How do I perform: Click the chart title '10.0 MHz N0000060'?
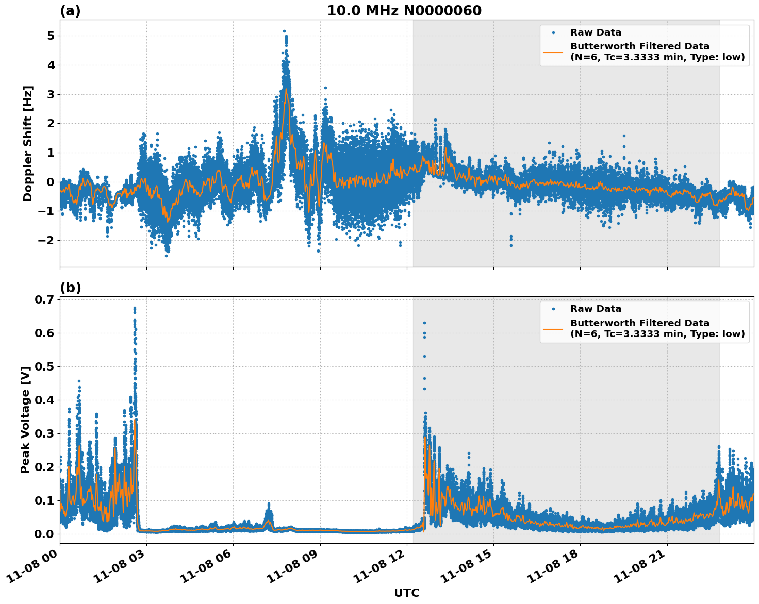pos(404,11)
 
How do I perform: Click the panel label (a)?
pos(70,11)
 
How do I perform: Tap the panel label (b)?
pos(70,288)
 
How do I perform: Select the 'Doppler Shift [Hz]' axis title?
pos(28,143)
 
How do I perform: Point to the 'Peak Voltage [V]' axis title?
pos(25,420)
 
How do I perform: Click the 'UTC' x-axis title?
pos(406,593)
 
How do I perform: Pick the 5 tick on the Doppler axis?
pos(51,36)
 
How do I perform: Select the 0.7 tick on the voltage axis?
pos(45,300)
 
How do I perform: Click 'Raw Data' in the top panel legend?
pos(596,32)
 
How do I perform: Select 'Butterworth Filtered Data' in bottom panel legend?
pos(639,323)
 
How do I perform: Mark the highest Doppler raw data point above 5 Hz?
pos(284,31)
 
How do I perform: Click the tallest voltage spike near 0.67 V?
pos(135,308)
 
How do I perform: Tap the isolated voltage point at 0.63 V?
pos(424,323)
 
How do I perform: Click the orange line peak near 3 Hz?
pos(286,90)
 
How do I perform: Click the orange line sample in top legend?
pos(553,52)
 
